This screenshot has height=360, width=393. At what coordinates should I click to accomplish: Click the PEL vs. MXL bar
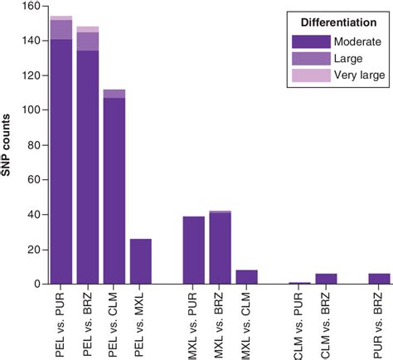pyautogui.click(x=141, y=261)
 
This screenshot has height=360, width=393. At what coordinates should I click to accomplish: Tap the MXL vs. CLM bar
pyautogui.click(x=248, y=277)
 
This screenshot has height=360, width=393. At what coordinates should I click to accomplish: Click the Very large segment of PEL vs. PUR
pyautogui.click(x=61, y=17)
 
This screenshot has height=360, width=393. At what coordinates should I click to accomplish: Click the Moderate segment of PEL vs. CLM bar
pyautogui.click(x=114, y=191)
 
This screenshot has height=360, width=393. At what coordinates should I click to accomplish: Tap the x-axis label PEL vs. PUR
pyautogui.click(x=61, y=324)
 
